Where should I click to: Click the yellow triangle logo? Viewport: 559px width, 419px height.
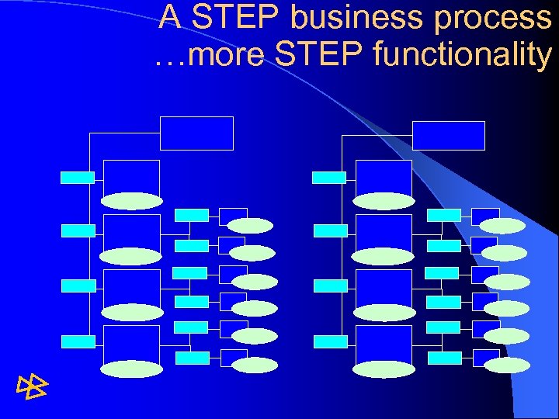point(32,385)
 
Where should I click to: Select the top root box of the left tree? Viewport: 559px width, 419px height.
point(196,133)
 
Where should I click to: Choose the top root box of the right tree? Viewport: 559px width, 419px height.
point(449,135)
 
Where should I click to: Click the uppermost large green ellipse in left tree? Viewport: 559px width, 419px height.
point(132,201)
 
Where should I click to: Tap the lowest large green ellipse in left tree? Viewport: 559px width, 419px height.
point(132,369)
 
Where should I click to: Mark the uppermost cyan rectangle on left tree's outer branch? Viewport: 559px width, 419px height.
point(78,177)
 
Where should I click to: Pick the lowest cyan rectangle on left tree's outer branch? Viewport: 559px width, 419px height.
point(78,341)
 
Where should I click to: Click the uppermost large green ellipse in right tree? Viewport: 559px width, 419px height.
point(384,201)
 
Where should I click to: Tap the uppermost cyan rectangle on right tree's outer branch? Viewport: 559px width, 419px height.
point(329,177)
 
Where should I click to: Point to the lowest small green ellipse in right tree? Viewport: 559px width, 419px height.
point(503,363)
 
